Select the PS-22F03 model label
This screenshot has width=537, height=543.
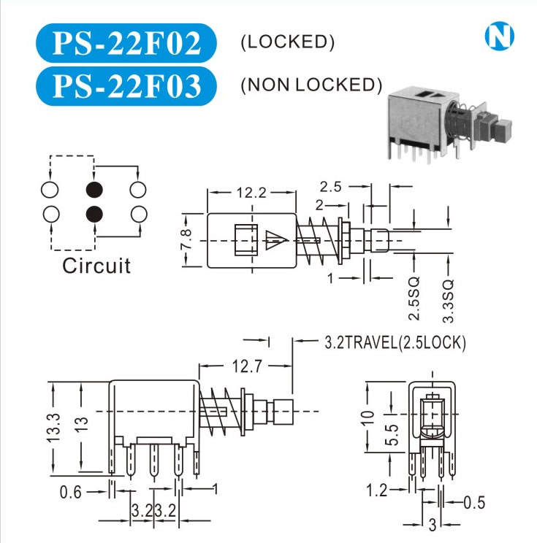tap(126, 85)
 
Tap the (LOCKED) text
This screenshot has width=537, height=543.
tap(287, 42)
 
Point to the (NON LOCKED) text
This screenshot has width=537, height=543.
tap(311, 85)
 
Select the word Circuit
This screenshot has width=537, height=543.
tap(96, 266)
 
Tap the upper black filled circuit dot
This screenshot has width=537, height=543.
tap(94, 190)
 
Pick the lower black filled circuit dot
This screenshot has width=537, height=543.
tap(94, 214)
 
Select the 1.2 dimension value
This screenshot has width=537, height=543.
tap(376, 491)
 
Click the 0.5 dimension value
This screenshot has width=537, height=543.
tap(474, 502)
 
